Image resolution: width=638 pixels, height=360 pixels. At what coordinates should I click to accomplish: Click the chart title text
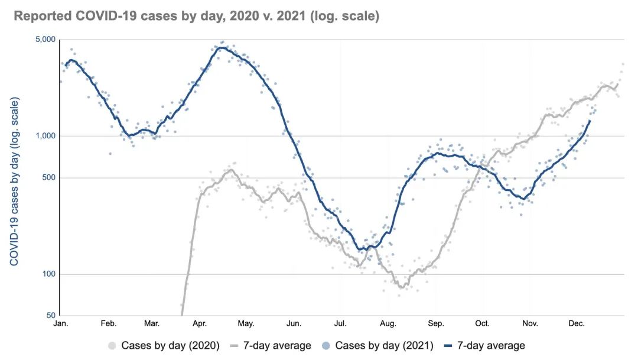coord(196,16)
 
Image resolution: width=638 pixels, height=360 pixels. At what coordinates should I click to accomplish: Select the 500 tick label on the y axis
coord(50,178)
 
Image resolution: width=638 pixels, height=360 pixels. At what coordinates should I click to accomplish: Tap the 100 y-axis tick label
coord(50,274)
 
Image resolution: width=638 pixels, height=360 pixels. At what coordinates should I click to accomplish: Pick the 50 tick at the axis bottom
coord(51,316)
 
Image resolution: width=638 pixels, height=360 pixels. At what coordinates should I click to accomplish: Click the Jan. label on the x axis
coord(61,324)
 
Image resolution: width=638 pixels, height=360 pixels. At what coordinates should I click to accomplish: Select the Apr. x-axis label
coord(199,324)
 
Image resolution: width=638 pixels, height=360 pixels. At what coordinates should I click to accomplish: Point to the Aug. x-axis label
coord(388,324)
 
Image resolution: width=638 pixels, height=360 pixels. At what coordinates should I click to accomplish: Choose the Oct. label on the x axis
coord(483,324)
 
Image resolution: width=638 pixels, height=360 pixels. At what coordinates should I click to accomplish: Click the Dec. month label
coord(577,324)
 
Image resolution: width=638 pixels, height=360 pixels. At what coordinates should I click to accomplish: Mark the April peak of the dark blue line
coord(220,48)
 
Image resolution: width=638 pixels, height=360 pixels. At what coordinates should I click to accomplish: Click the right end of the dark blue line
coord(590,121)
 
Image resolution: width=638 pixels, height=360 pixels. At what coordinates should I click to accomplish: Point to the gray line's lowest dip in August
coord(402,287)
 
